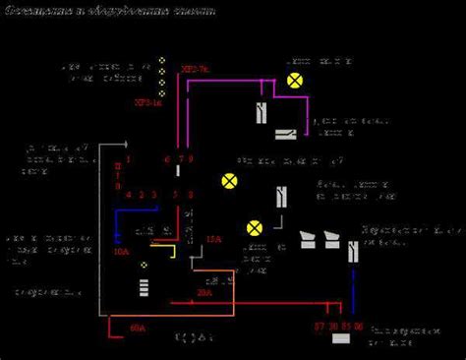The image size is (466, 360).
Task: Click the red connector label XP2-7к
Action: [197, 71]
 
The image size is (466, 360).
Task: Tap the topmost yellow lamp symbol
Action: [293, 81]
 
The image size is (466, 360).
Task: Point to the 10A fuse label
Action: [121, 253]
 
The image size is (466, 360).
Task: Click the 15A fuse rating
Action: [213, 240]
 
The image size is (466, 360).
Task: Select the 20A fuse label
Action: [204, 292]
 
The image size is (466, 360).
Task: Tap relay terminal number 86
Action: [359, 325]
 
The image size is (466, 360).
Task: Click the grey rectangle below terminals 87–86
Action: [342, 339]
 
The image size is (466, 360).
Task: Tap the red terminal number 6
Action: [167, 158]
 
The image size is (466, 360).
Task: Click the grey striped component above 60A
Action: [145, 287]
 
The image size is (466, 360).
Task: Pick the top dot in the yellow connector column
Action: [161, 61]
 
